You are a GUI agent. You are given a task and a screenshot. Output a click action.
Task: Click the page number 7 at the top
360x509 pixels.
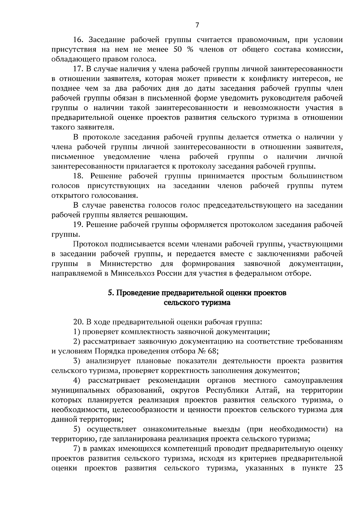coord(197,25)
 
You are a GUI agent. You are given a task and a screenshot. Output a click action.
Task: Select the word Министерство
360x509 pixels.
coord(126,264)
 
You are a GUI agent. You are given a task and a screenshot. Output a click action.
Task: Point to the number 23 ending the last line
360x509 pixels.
coord(338,468)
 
